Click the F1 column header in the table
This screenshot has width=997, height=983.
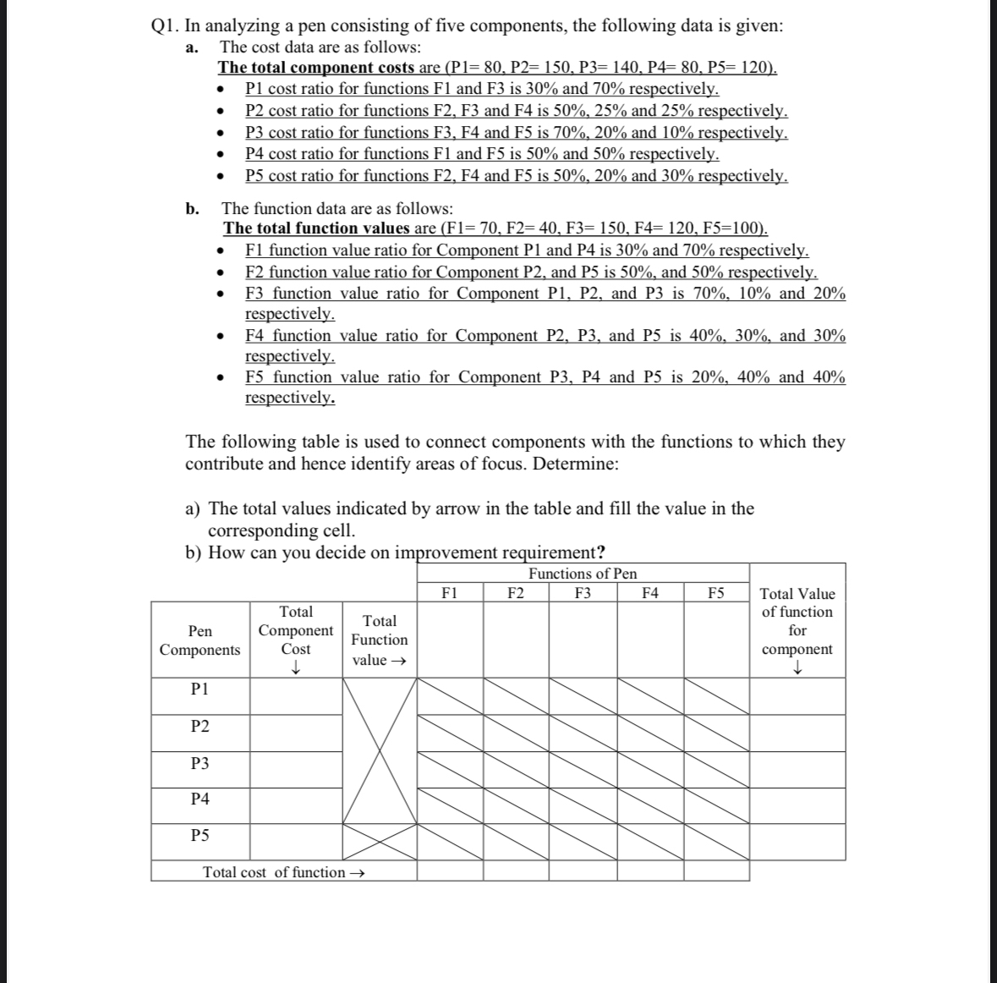click(x=450, y=593)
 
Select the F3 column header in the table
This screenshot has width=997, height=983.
click(x=583, y=593)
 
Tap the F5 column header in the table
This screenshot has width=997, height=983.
click(x=715, y=593)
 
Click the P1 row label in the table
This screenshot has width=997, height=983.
click(x=200, y=689)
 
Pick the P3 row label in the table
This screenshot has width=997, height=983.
click(x=200, y=764)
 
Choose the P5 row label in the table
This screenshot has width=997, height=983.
click(x=200, y=836)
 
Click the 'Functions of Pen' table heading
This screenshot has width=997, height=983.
click(x=583, y=574)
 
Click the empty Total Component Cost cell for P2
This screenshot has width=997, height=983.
click(x=295, y=733)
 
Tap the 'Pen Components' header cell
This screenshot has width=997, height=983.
click(x=200, y=640)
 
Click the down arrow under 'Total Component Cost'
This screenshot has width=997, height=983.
click(x=296, y=667)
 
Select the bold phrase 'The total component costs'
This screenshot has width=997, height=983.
click(x=316, y=68)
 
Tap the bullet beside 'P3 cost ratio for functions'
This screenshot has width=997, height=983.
click(x=221, y=134)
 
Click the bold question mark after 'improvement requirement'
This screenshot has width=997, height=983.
click(x=600, y=553)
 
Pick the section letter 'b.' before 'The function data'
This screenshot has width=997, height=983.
click(x=193, y=208)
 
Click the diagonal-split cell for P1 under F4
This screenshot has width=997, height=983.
click(x=650, y=695)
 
